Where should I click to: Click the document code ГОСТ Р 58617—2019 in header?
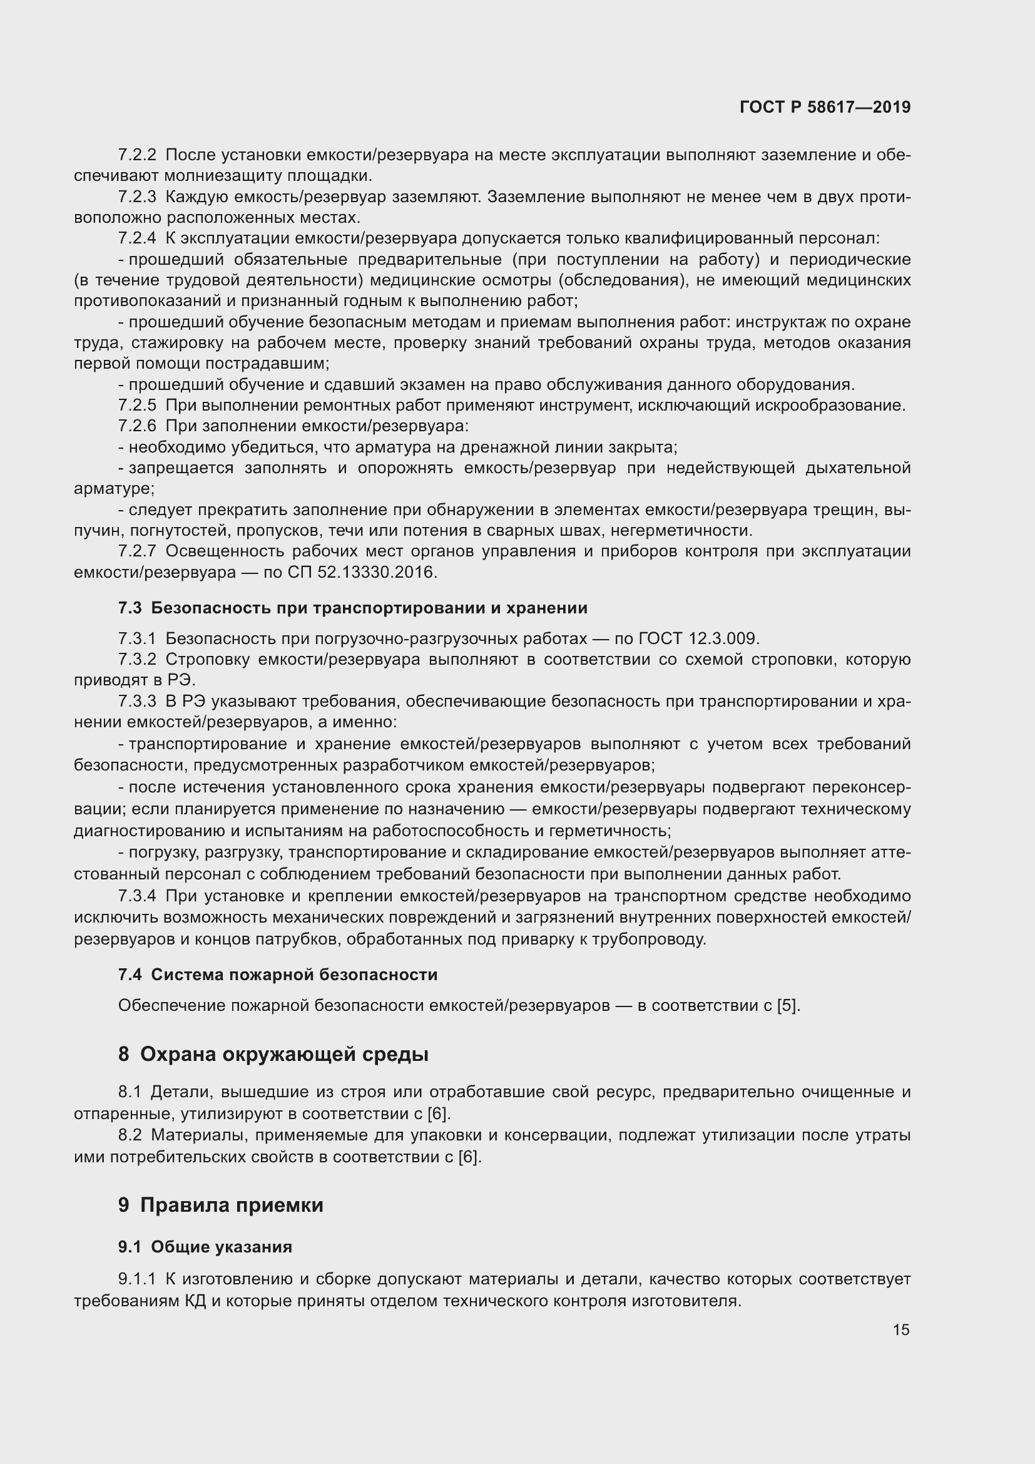[x=825, y=107]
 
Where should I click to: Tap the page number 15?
[x=900, y=1329]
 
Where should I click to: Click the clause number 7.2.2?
[x=137, y=155]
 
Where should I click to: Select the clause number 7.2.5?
[x=137, y=405]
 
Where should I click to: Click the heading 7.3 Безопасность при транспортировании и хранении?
[x=352, y=608]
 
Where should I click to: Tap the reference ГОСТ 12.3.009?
[x=698, y=638]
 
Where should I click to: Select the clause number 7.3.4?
[x=137, y=896]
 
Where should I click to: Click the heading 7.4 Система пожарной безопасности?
[x=278, y=975]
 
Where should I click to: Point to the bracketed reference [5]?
[x=787, y=1006]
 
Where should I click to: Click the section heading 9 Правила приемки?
[x=220, y=1205]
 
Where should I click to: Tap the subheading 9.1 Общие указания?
[x=205, y=1247]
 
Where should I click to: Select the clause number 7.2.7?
[x=137, y=551]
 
